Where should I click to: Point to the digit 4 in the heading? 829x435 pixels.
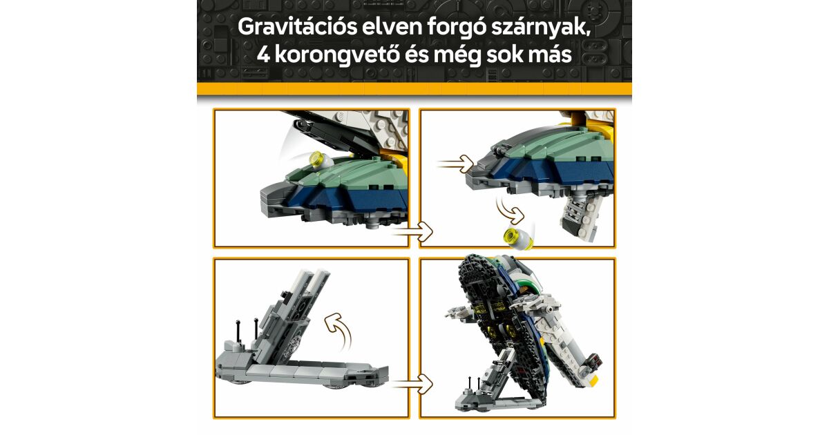[263, 55]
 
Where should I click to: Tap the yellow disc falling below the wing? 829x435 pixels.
[518, 238]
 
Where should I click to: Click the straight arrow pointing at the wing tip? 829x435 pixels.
[455, 164]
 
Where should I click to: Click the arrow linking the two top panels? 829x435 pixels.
[412, 232]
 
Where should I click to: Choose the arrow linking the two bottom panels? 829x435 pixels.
[412, 384]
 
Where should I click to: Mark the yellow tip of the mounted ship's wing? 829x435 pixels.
[592, 380]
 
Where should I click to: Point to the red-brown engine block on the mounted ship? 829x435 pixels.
[593, 360]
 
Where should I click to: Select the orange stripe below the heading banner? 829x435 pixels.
[414, 89]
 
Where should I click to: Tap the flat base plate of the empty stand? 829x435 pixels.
[302, 374]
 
